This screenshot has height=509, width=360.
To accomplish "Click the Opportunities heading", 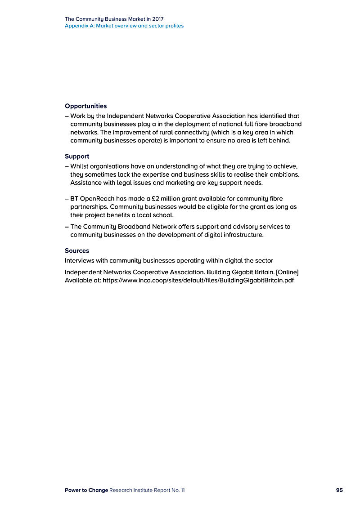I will click(85, 106).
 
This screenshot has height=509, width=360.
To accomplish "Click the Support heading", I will click(77, 156).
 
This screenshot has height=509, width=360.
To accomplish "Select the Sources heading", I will click(77, 250).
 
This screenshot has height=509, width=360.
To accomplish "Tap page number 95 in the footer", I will click(339, 490).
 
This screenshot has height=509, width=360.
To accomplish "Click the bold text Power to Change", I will click(86, 490).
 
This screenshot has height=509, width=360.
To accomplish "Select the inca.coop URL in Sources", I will click(198, 280).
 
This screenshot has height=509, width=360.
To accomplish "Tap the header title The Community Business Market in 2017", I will click(114, 19).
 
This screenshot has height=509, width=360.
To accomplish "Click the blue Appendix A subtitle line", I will click(124, 26).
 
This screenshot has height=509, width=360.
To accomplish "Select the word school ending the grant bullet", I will click(162, 215).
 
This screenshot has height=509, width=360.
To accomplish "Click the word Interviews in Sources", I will click(79, 260).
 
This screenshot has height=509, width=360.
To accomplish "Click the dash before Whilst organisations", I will click(67, 166).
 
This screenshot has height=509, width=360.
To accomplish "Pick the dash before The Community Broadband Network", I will click(67, 227).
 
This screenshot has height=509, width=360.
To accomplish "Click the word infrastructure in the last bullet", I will click(241, 235).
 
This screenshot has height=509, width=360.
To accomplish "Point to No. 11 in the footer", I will click(179, 490).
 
